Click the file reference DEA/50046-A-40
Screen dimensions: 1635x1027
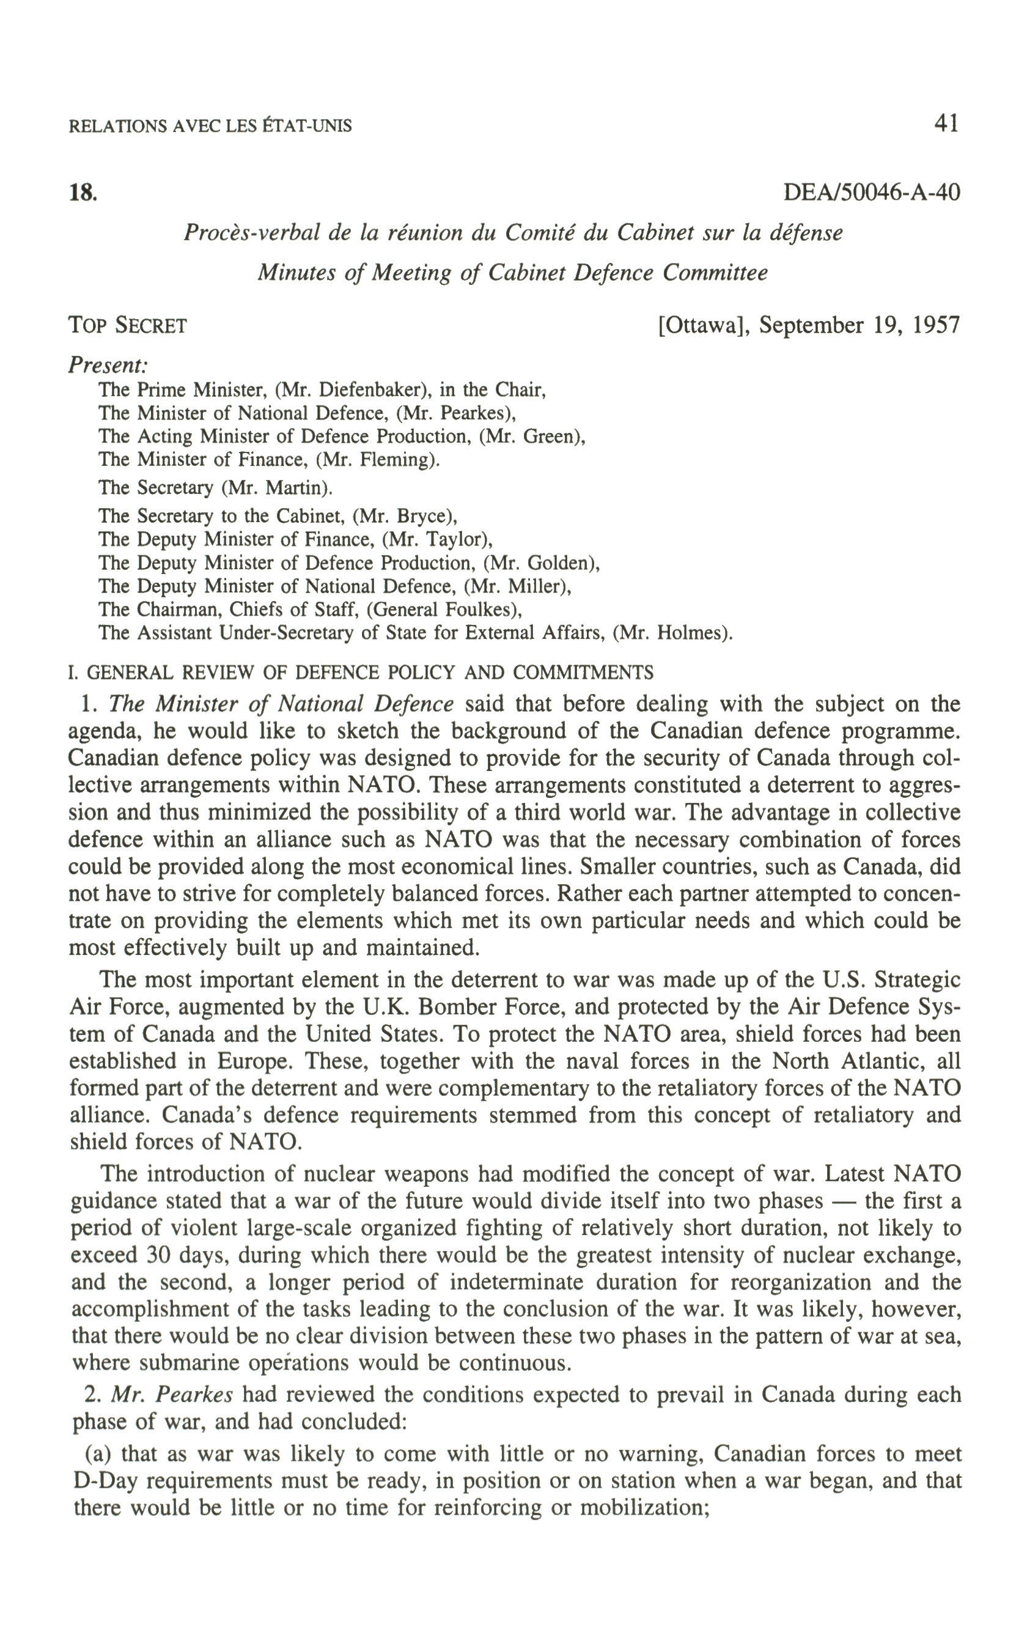[x=872, y=193]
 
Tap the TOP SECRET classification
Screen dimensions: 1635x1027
[x=128, y=326]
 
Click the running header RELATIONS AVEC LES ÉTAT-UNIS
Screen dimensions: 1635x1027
[x=210, y=127]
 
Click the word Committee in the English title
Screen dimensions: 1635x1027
[x=715, y=273]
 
